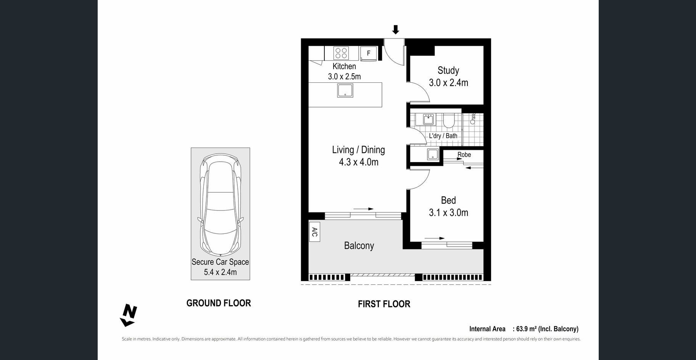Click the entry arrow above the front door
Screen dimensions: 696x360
[x=396, y=30]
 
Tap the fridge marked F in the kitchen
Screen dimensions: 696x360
[x=369, y=53]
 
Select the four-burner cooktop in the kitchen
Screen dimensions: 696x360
[x=341, y=53]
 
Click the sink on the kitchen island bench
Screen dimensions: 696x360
[x=345, y=90]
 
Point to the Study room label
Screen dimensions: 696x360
[x=448, y=71]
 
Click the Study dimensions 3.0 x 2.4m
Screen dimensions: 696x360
[x=448, y=83]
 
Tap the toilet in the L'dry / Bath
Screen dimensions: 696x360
[x=448, y=121]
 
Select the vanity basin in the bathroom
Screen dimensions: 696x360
[x=429, y=119]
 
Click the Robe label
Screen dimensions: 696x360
[x=464, y=154]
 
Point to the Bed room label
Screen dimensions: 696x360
[x=448, y=200]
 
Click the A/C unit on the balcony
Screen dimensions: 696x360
[x=314, y=232]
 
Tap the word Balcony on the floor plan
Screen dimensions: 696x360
[x=359, y=246]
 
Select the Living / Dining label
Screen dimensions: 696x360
[x=358, y=150]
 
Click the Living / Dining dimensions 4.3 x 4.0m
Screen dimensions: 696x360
[x=359, y=162]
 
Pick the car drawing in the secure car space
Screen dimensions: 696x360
[x=220, y=205]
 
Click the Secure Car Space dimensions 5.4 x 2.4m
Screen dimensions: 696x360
[x=220, y=272]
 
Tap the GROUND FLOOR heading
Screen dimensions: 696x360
[x=219, y=303]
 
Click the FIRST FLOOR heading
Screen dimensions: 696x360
[x=384, y=304]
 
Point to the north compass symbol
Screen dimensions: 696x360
[x=129, y=315]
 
